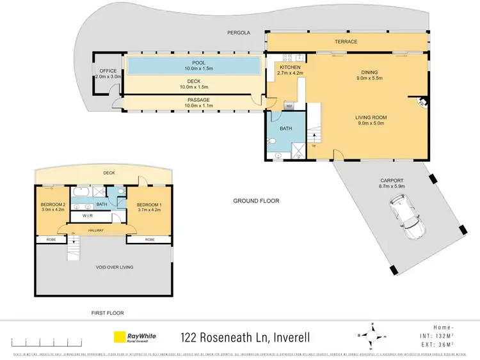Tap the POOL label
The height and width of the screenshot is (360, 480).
tap(193, 63)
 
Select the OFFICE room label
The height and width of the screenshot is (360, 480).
tap(107, 71)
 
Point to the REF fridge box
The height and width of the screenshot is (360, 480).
tap(289, 106)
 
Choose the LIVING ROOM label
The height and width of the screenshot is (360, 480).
tap(371, 118)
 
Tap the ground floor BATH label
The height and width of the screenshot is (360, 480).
tap(285, 129)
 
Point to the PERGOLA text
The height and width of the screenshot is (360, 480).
tap(237, 31)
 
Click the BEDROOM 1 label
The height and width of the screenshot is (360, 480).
tap(148, 205)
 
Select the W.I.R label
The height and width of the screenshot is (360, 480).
tap(88, 217)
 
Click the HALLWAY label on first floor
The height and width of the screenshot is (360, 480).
tap(95, 230)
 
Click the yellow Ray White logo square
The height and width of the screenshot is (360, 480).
tap(119, 337)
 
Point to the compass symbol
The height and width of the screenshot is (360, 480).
tap(370, 336)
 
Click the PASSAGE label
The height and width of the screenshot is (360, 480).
tap(198, 100)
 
